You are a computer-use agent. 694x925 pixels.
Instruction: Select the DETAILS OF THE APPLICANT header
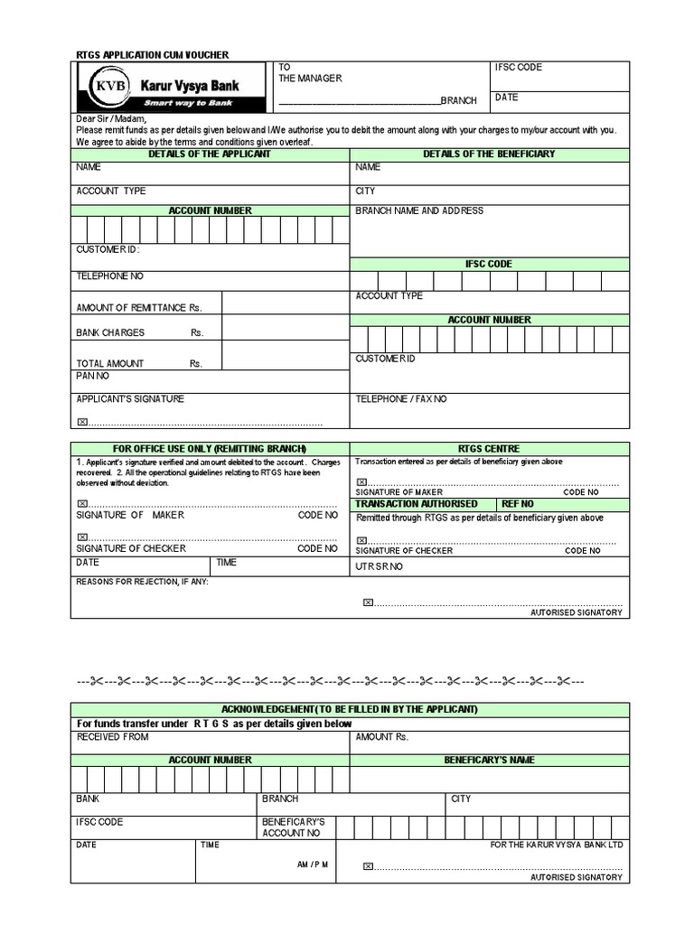point(210,154)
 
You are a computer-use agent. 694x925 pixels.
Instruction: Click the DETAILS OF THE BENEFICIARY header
point(489,154)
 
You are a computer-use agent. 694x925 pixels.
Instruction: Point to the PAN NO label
point(93,376)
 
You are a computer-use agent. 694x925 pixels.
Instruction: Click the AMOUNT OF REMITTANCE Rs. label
point(138,308)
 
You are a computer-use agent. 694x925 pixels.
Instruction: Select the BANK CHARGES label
point(110,332)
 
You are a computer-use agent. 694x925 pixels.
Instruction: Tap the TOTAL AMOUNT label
point(110,364)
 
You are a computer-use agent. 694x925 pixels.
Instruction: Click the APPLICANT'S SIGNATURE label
point(130,398)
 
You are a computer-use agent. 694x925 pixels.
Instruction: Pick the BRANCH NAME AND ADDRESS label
point(419,210)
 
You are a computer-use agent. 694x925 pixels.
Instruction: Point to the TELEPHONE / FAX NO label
point(401,398)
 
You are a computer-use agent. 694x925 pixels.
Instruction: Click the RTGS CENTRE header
point(489,449)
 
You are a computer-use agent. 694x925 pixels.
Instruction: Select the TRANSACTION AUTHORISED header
point(417,503)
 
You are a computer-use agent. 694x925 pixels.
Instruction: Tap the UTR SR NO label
point(380,566)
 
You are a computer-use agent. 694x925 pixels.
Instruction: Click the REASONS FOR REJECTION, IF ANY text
point(143,582)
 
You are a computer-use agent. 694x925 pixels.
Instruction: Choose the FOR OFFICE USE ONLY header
point(210,449)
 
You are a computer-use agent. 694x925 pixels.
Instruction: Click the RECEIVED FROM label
point(113,737)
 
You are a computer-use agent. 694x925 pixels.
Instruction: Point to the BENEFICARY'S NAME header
point(489,761)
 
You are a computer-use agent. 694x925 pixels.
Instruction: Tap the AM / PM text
point(313,864)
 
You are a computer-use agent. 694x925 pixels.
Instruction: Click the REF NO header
point(518,503)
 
